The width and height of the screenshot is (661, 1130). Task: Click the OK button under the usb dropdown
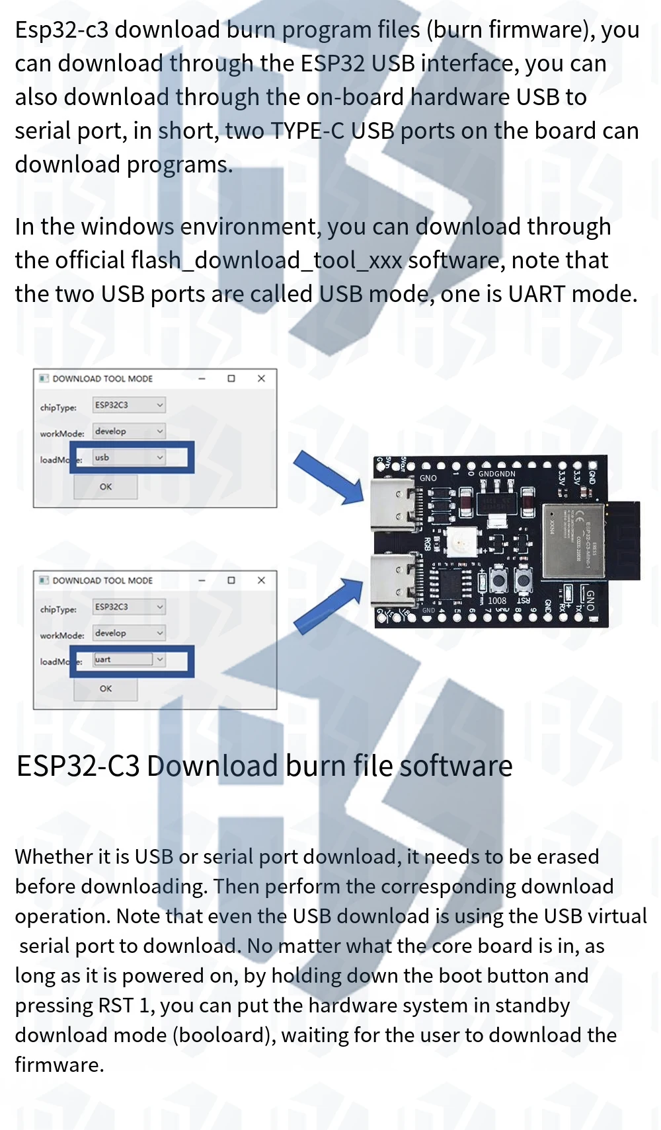106,487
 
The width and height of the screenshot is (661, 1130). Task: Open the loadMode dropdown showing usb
129,457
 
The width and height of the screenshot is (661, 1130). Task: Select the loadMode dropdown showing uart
129,659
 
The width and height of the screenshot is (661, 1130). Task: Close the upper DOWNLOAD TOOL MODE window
261,379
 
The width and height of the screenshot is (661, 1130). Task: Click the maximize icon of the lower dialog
231,580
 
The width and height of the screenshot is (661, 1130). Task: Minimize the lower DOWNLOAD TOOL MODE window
202,580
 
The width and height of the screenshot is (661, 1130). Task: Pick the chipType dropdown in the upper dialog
129,405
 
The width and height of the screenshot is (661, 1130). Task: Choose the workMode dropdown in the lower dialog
129,633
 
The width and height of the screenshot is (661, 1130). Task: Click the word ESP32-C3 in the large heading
78,767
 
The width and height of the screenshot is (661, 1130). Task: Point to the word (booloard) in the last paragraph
224,1035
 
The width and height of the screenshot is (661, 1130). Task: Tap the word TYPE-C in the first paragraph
307,131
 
